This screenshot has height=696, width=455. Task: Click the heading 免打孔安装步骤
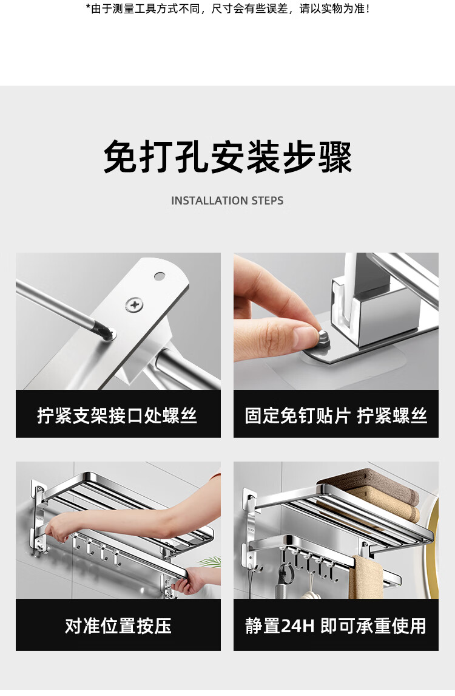[227, 157]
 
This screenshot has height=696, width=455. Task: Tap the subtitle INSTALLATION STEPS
[227, 200]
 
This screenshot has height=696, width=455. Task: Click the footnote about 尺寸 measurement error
[227, 9]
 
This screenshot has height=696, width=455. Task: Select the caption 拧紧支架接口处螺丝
[118, 415]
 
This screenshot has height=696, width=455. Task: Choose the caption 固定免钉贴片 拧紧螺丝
[335, 415]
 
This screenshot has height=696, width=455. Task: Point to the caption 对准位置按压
[118, 626]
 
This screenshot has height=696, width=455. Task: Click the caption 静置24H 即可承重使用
[335, 626]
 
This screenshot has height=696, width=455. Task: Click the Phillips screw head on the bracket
[133, 304]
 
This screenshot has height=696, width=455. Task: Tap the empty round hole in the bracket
[160, 276]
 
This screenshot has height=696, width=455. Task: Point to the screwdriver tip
[109, 334]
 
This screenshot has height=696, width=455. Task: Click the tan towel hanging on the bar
[366, 578]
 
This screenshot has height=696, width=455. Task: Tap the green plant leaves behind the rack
[209, 562]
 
